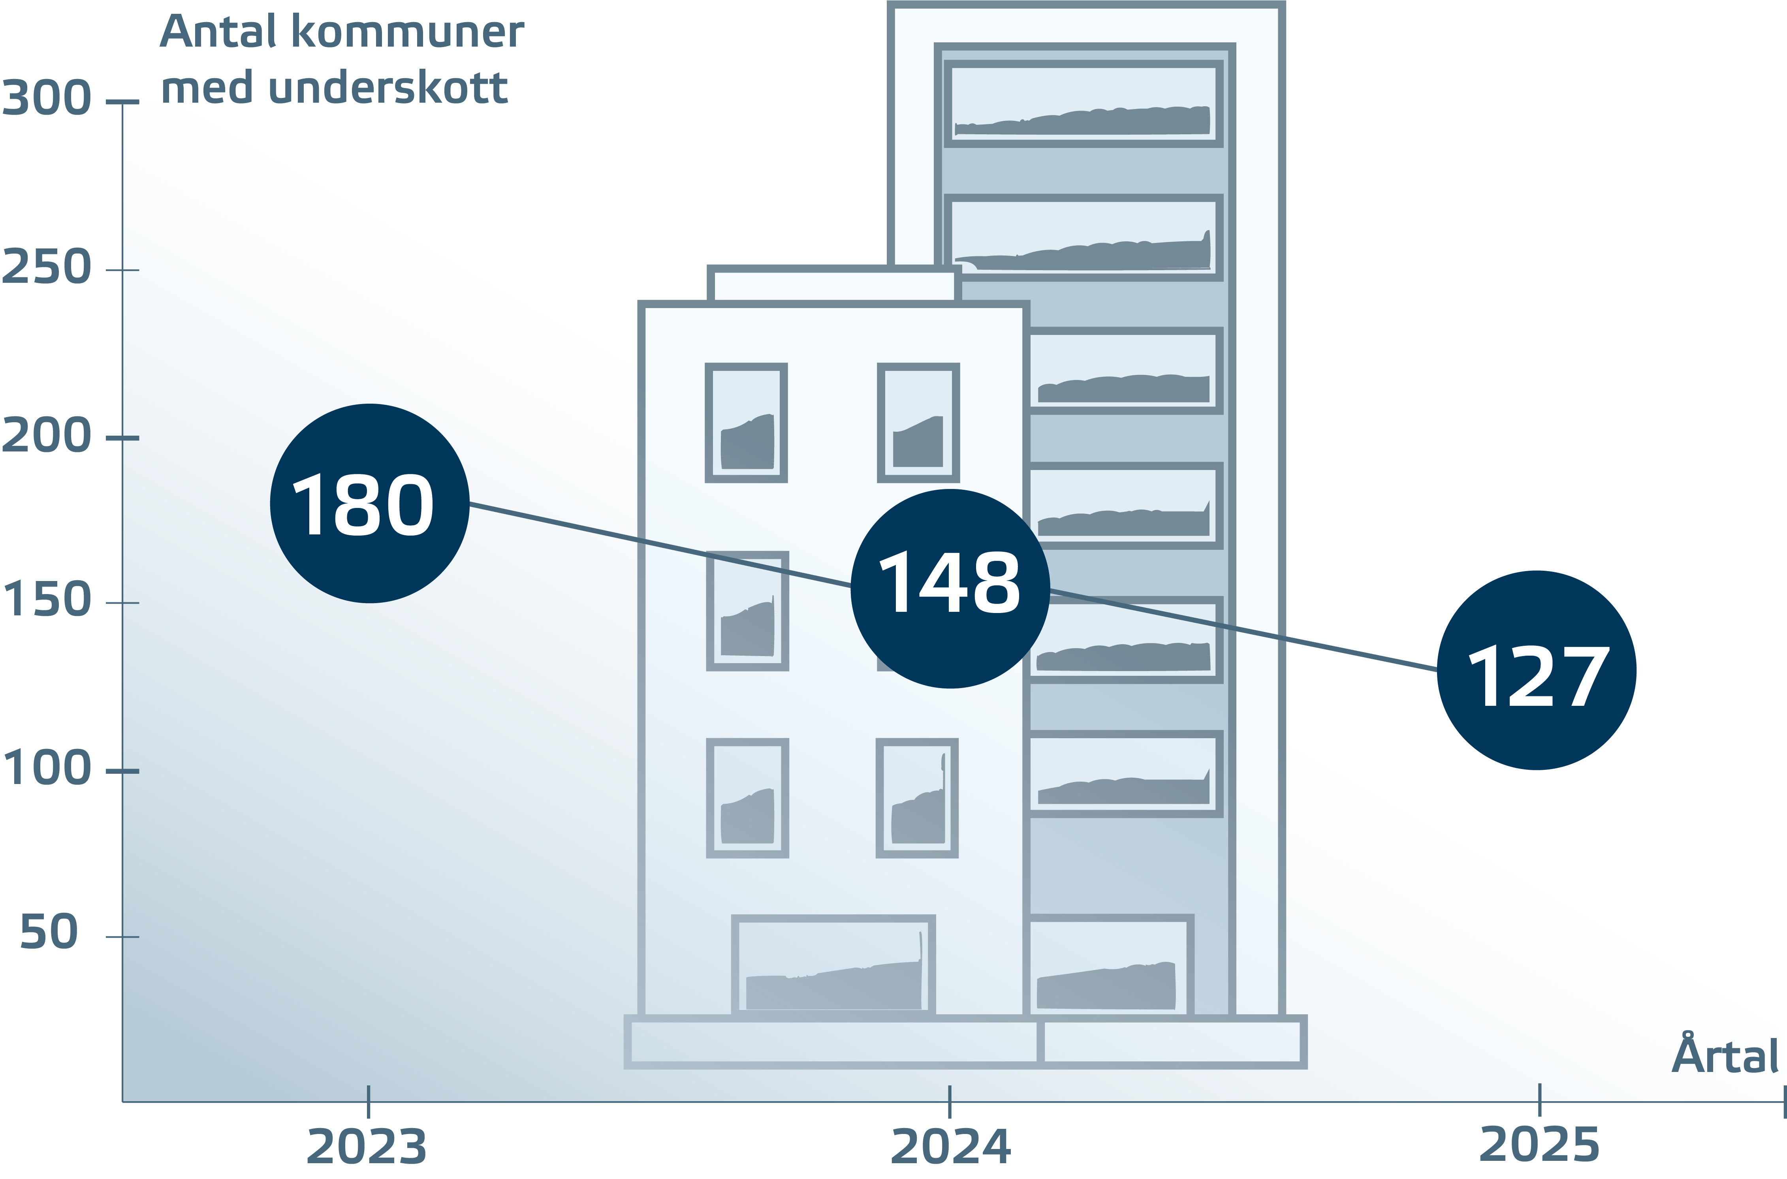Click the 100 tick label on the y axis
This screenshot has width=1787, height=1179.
47,769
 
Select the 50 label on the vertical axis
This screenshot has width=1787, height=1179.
49,933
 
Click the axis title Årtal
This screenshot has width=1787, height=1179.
1725,1056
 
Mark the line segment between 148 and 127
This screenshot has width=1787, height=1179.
1240,628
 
